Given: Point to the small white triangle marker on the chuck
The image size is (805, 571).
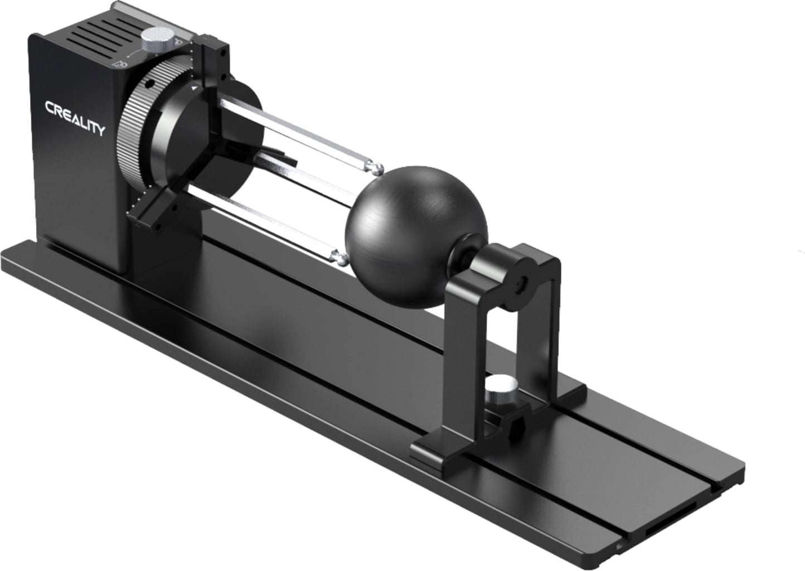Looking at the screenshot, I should [193, 88].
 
